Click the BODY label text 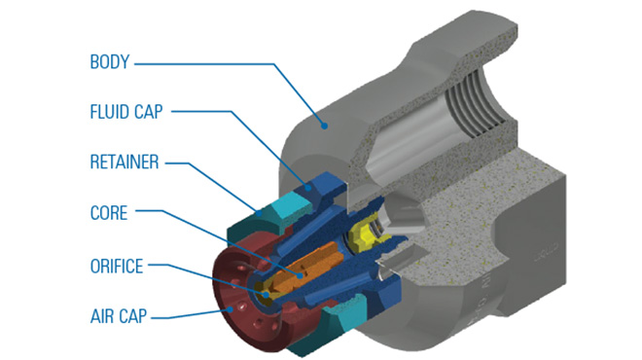(x=110, y=63)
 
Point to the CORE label (x=108, y=211)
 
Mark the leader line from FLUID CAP (x=224, y=112)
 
